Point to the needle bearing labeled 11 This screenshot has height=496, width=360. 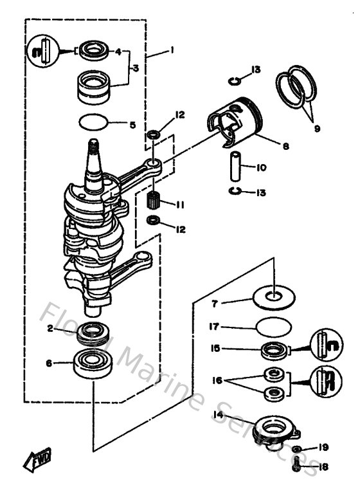154,203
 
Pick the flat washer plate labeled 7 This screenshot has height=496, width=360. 277,297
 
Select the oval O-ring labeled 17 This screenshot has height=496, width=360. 272,327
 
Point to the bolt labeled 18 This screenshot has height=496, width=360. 296,466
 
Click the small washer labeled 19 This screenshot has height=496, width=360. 296,448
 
